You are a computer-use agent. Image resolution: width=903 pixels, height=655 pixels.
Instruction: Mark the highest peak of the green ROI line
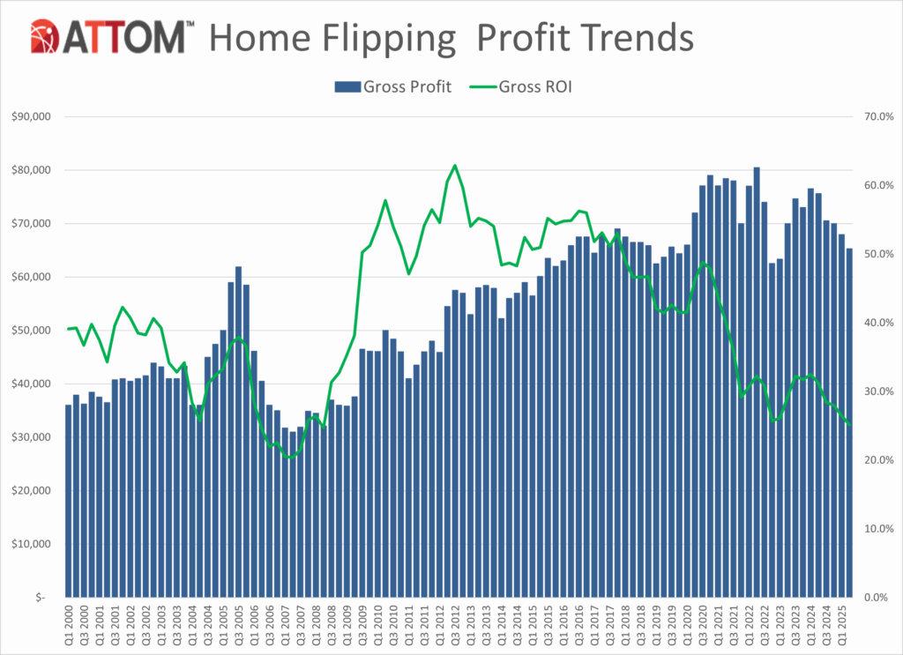[x=455, y=165]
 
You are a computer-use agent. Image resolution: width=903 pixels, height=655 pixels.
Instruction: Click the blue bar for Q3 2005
[x=238, y=431]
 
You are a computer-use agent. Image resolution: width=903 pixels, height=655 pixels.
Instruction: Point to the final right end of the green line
[x=849, y=425]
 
